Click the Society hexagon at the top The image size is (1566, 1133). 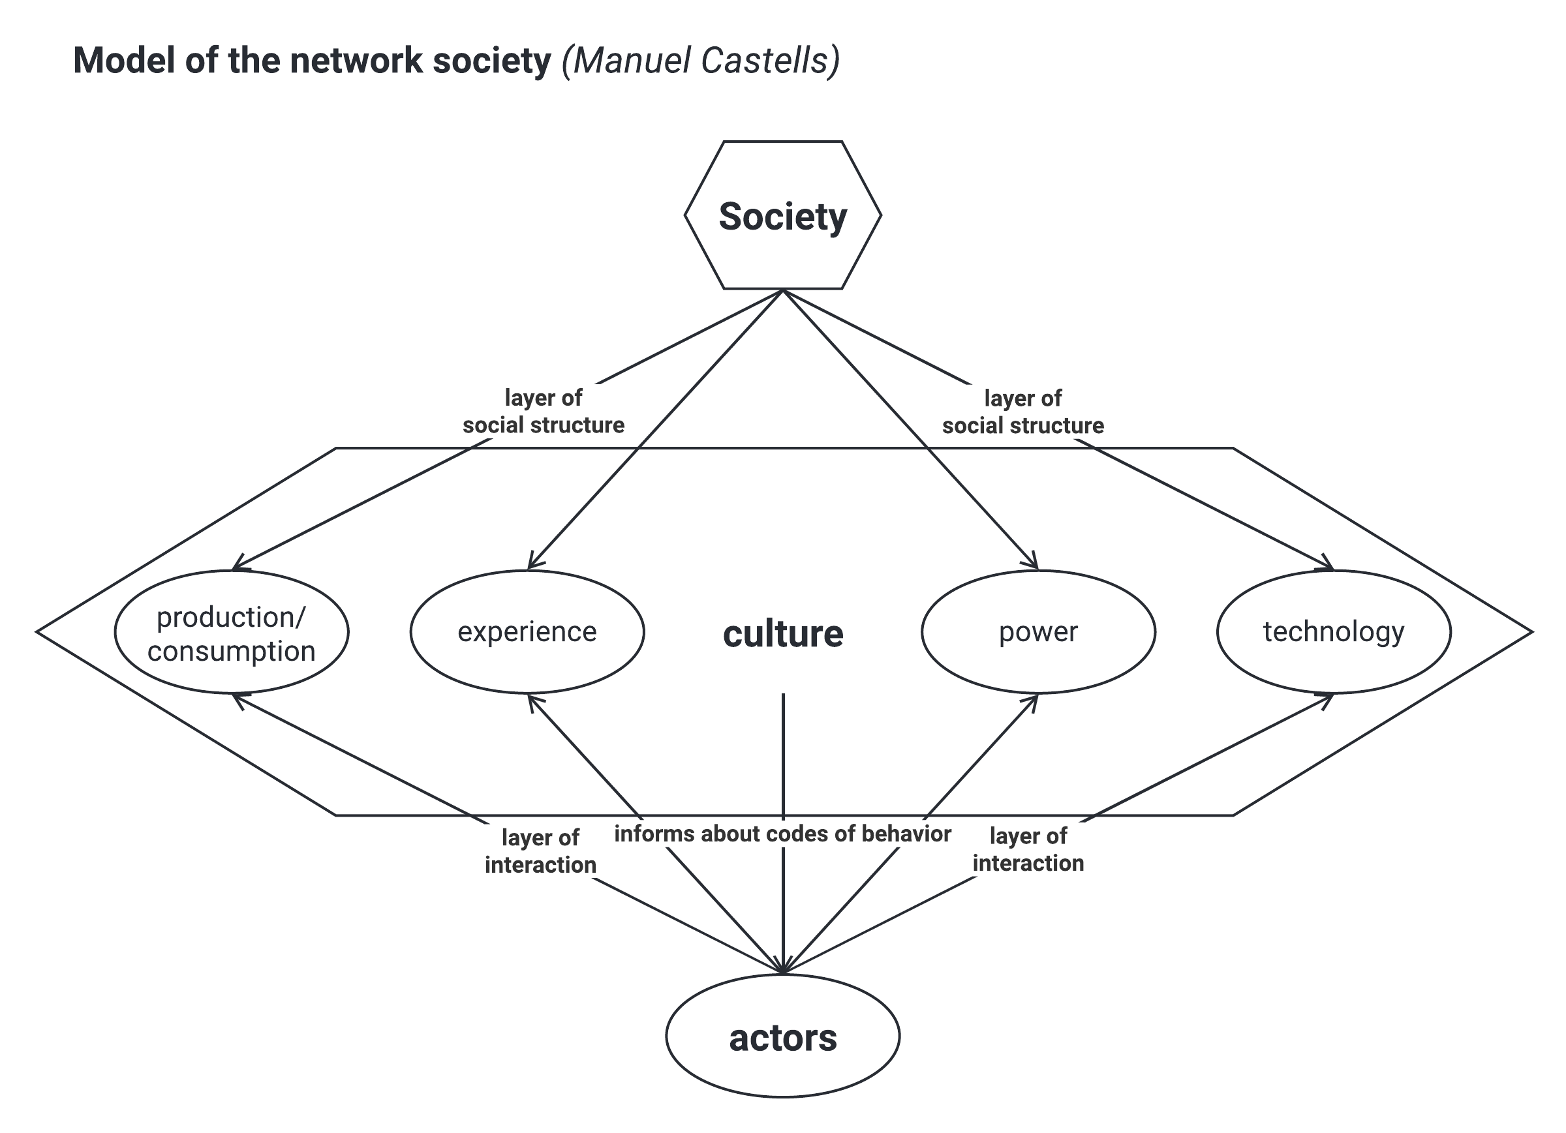coord(782,215)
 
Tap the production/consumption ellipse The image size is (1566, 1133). coord(231,633)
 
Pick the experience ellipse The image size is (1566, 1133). coord(527,633)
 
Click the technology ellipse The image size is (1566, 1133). coord(1333,633)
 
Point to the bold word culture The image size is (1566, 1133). coord(782,634)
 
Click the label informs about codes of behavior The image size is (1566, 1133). coord(782,834)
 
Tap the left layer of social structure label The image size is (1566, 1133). coord(544,412)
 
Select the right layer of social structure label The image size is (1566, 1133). coord(1022,412)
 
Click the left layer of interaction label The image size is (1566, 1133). coord(540,851)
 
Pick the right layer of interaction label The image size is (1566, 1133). coord(1028,850)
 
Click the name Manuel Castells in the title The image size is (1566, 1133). coord(700,61)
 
